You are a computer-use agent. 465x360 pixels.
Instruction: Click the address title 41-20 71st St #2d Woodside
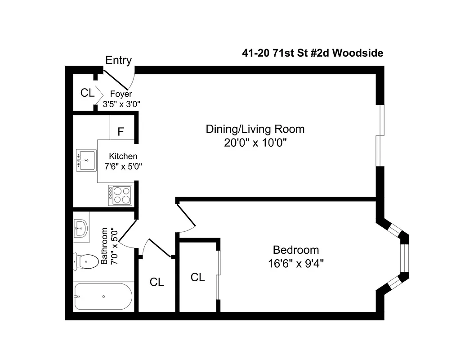coord(313,53)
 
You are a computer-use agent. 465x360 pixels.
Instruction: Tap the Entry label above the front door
coord(118,60)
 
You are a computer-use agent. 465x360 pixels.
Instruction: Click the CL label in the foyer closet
coord(87,93)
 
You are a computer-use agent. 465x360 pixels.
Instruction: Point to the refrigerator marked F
coord(121,132)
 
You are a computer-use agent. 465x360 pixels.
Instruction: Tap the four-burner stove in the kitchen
coord(120,195)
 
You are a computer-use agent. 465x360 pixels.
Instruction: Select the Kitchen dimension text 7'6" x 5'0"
coord(123,166)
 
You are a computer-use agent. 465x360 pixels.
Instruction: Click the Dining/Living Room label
coord(255,129)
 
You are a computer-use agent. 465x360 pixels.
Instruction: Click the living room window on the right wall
coord(381,135)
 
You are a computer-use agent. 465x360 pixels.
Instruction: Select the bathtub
coord(103,296)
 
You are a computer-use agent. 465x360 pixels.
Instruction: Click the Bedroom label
coord(296,250)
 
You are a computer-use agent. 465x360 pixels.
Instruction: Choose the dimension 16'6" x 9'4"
coord(296,263)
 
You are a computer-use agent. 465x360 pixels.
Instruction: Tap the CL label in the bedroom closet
coord(198,277)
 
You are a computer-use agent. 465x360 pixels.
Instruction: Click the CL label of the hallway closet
coord(156,282)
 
